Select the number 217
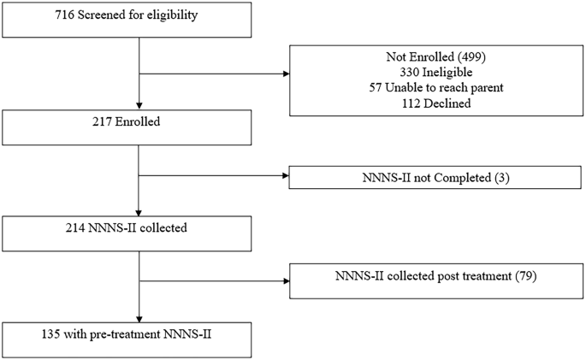tap(19, 122)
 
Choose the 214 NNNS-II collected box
tap(127, 231)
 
